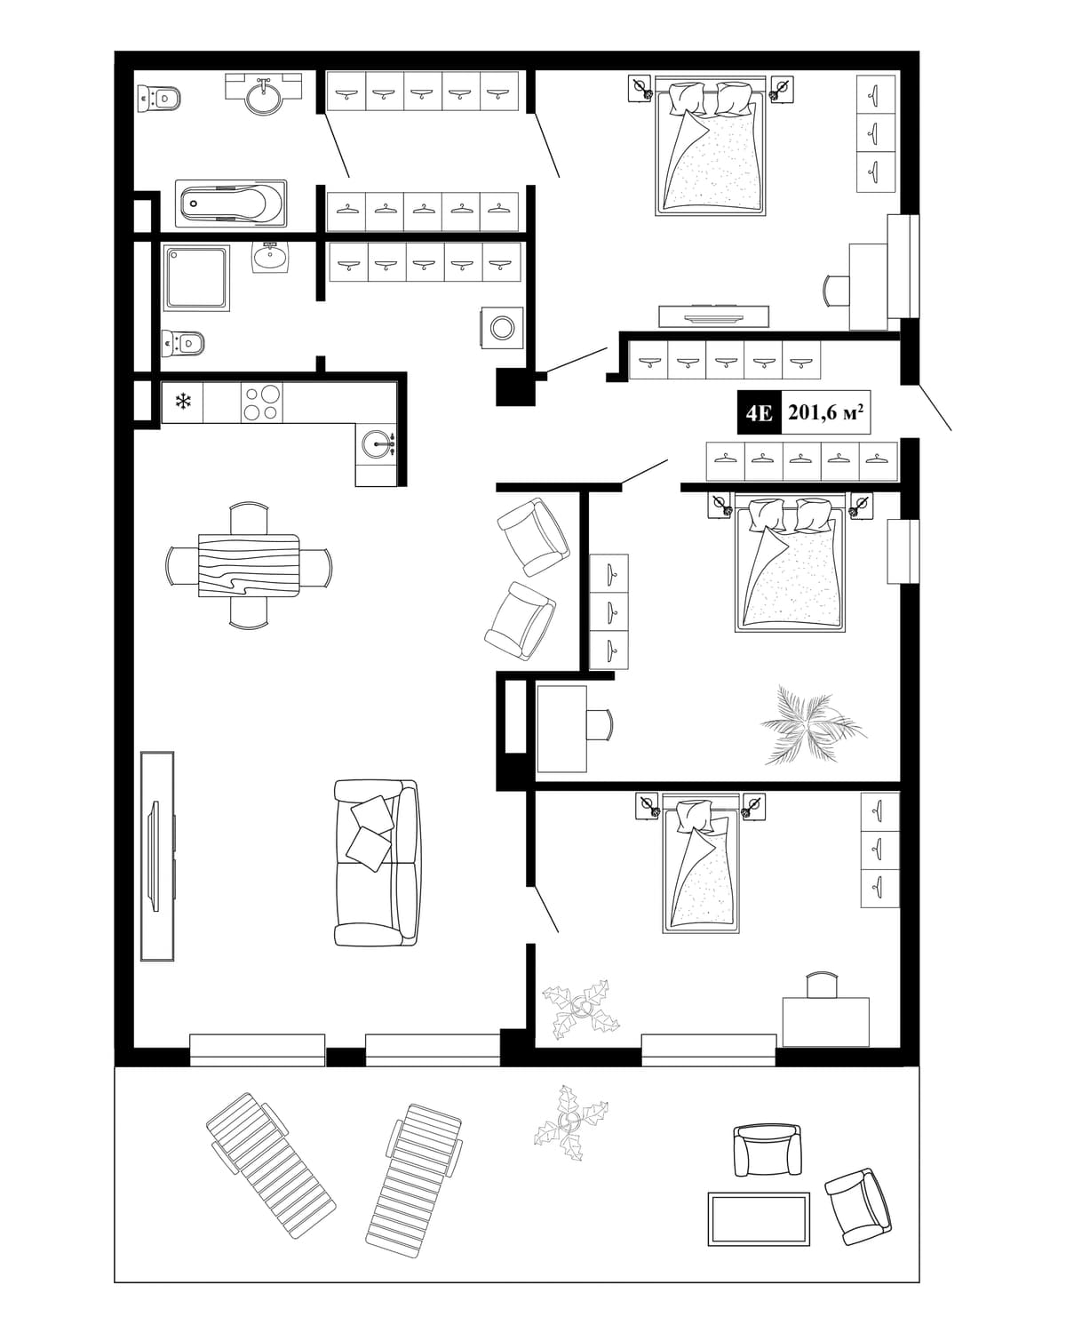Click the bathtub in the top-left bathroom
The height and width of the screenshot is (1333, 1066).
point(230,204)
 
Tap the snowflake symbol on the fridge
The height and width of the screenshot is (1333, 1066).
point(183,402)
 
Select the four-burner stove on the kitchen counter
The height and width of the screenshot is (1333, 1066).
point(261,403)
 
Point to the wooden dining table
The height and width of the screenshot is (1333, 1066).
point(249,565)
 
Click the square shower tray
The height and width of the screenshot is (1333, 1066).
point(196,277)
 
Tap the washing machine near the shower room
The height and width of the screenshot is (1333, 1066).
point(501,327)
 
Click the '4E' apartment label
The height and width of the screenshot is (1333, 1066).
point(759,412)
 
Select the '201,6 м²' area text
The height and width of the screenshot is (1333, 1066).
point(825,412)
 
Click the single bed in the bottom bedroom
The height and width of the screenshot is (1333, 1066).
point(701,864)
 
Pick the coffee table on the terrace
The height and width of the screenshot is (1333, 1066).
point(759,1218)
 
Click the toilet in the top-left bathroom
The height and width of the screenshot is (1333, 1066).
point(159,98)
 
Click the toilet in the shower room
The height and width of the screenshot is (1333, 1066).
point(183,342)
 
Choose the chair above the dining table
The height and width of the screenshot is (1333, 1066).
point(249,518)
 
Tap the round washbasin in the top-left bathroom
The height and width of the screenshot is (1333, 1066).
point(264,95)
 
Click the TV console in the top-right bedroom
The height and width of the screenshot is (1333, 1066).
point(713,315)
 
